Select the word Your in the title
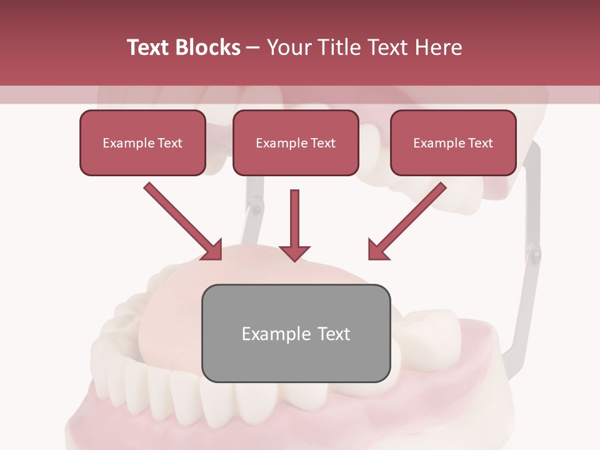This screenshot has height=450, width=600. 289,47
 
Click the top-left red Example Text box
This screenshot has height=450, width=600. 142,142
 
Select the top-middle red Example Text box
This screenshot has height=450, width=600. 296,142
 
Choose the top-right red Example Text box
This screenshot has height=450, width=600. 453,142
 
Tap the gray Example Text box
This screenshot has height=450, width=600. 296,333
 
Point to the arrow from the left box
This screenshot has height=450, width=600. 181,219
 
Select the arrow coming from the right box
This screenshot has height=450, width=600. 409,219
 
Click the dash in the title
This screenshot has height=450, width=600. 254,47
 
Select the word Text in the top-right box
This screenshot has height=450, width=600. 480,142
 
